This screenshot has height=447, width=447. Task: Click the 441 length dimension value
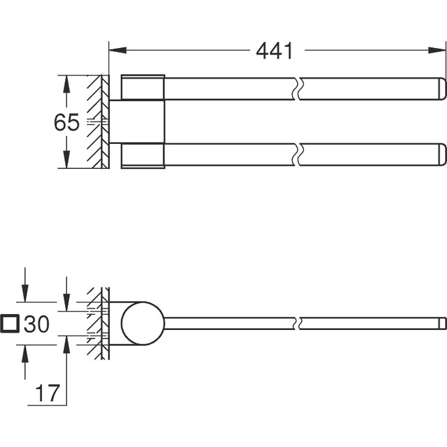pos(274,50)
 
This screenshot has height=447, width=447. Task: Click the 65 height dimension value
pos(66,122)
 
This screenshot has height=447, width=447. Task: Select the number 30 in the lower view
pos(37,323)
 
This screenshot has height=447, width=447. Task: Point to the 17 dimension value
pos(47,393)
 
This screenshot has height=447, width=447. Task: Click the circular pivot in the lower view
pos(143,323)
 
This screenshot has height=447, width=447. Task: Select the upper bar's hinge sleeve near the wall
pos(143,88)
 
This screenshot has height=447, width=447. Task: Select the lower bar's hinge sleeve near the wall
pos(143,155)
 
